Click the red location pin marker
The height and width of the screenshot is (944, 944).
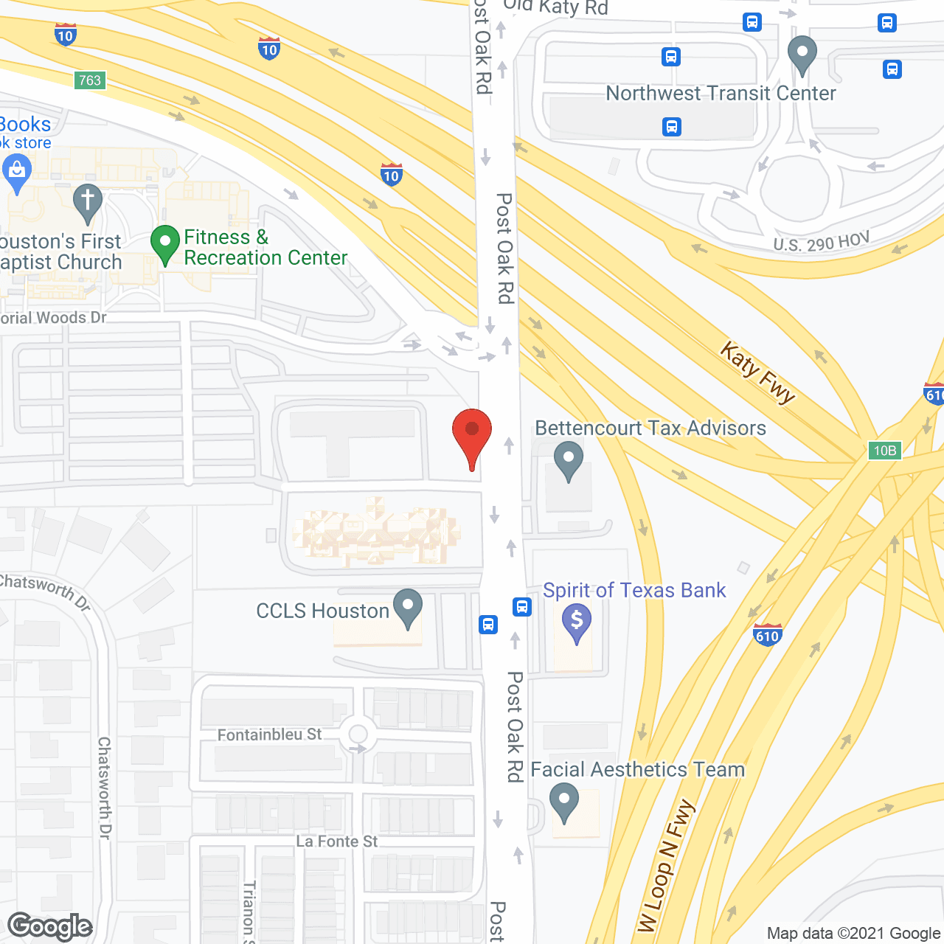(471, 436)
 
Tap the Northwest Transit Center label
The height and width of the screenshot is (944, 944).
(721, 94)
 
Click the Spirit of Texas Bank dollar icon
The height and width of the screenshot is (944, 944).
(577, 621)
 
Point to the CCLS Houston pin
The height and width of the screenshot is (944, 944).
(407, 608)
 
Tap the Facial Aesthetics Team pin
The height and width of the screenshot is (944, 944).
(564, 802)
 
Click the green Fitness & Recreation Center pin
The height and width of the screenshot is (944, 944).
(165, 244)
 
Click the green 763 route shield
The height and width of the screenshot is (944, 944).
(90, 80)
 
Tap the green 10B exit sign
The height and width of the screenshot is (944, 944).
(884, 451)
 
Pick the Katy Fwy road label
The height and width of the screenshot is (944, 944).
(758, 372)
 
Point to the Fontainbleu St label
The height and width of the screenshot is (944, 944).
(269, 735)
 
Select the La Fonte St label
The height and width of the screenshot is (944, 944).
(336, 841)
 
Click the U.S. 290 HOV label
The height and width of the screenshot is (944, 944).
(822, 243)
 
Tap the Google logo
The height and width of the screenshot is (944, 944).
(50, 926)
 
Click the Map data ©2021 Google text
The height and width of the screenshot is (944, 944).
(853, 934)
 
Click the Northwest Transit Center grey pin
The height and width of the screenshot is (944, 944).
(802, 54)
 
